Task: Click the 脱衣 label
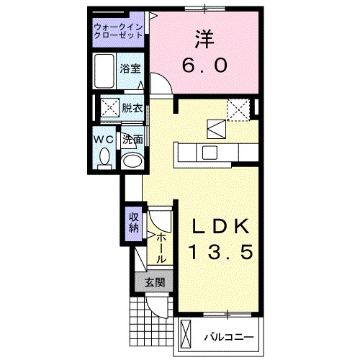coord(132,109)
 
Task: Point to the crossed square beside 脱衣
coord(109,109)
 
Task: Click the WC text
coord(102,138)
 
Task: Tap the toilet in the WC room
coord(104,156)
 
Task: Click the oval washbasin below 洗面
coord(131,159)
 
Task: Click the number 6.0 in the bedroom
coord(204,64)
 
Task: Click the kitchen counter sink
coord(210,153)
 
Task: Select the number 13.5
coord(220,253)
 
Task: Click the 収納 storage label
coord(133,223)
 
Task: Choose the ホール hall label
coord(161,246)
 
